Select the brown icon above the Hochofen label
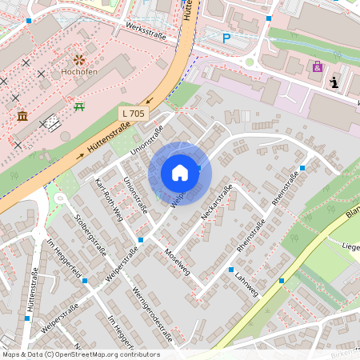(x=78, y=59)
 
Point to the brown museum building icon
(x=22, y=117)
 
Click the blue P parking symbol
(x=226, y=38)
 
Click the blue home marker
(x=180, y=173)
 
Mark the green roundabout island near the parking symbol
(x=249, y=62)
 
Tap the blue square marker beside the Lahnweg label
(x=230, y=270)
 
